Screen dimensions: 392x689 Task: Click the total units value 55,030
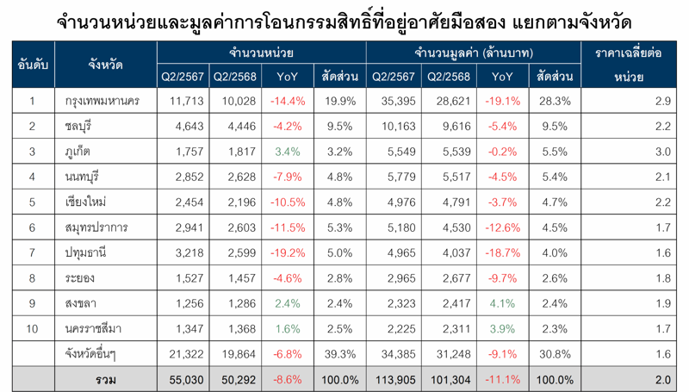click(184, 379)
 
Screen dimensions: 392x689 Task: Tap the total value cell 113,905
click(394, 379)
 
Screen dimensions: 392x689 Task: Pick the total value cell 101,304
click(449, 379)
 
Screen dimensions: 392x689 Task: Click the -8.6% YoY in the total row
click(288, 379)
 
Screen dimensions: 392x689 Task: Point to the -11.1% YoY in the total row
click(503, 379)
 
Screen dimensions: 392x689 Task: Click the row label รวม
click(104, 379)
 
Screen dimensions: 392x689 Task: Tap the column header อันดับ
click(32, 64)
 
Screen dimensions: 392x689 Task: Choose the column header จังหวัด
click(104, 64)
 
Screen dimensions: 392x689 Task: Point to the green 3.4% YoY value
click(288, 152)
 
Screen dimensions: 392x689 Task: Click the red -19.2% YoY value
click(288, 253)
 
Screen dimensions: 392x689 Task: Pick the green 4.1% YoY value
click(503, 303)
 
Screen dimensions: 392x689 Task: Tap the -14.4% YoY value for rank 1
click(288, 102)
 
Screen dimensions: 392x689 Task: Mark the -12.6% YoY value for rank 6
click(503, 228)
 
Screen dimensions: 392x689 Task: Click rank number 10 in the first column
click(32, 328)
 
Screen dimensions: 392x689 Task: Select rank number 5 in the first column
click(32, 202)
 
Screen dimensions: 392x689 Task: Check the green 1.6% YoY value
click(288, 328)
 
